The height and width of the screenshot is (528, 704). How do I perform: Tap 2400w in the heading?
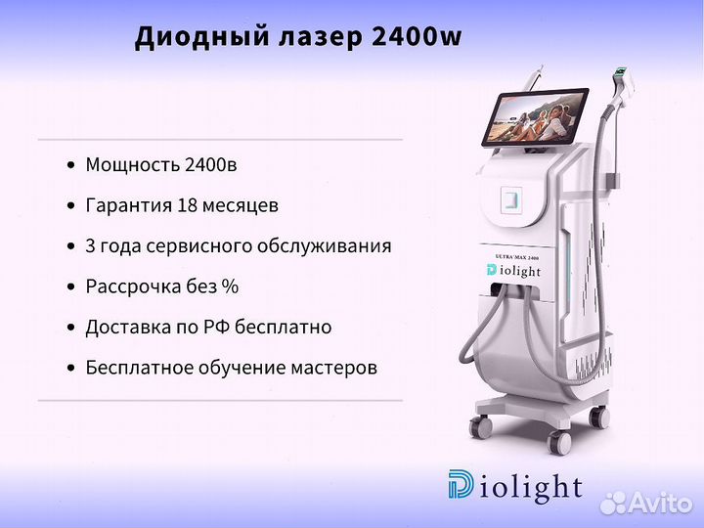coord(417,36)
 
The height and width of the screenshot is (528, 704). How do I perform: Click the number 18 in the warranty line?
coord(187,205)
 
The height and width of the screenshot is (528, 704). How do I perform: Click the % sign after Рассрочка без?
coord(231,286)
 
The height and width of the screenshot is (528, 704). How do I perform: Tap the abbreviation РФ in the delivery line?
coord(217,327)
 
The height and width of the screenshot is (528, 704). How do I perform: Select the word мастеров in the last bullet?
coord(334,368)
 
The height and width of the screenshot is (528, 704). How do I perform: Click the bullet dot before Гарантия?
coord(71,206)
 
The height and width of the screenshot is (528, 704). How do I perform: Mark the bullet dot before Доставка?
coord(71,328)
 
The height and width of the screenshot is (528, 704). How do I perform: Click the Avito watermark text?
coord(647,503)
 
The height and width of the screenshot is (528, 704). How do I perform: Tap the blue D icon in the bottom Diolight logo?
coord(461,484)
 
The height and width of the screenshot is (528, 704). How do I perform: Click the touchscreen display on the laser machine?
coord(535,116)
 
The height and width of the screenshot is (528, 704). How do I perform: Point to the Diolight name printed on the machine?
coord(513,271)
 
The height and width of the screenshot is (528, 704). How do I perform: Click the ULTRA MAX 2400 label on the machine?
coord(517,257)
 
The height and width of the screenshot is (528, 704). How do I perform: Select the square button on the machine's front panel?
coord(511,199)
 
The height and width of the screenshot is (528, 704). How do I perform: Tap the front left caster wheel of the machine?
coord(480,427)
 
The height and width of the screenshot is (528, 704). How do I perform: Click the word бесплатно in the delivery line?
coord(284,327)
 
